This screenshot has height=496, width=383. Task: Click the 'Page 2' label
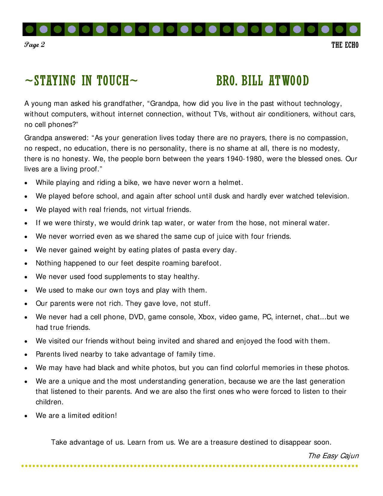[35, 45]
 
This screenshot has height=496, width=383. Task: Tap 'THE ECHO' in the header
[345, 45]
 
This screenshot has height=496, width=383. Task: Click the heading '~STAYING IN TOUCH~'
[81, 81]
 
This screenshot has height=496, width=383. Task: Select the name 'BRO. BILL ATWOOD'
[262, 81]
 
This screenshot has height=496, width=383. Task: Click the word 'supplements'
[121, 277]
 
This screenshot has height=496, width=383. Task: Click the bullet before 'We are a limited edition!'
[26, 416]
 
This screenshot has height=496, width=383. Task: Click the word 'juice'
[224, 236]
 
